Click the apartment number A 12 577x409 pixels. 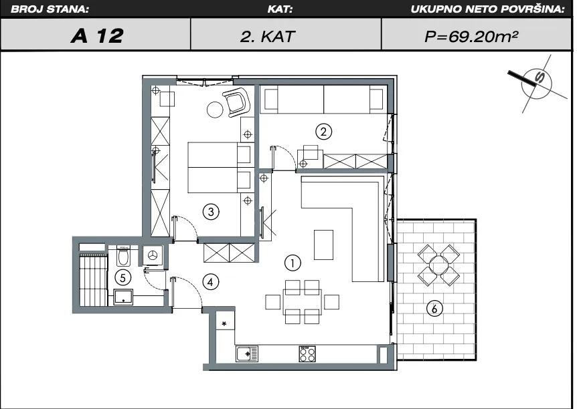point(97,35)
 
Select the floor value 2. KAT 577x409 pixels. point(268,36)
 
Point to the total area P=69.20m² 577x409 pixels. point(471,36)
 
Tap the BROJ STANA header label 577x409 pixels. point(50,9)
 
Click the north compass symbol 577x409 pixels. point(537,84)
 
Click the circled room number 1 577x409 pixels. point(293,263)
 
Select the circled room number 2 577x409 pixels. point(324,132)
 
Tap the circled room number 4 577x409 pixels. point(210,282)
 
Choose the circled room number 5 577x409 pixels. point(122,278)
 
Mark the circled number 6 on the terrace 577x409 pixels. point(434,309)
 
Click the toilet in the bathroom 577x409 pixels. point(123,256)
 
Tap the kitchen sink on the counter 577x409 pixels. point(247,354)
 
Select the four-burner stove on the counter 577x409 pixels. point(307,354)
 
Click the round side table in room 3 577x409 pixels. point(216,109)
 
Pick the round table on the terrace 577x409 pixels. point(438,265)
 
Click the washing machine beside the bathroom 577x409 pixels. point(153,255)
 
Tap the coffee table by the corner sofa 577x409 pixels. point(323,245)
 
